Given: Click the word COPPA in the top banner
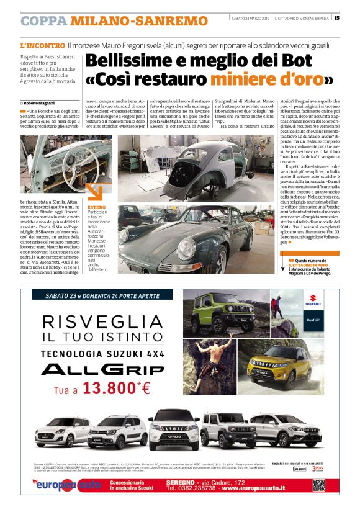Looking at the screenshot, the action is click(x=43, y=21).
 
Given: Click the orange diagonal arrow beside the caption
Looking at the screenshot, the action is click(x=94, y=190).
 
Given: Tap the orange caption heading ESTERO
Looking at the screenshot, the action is click(x=97, y=206).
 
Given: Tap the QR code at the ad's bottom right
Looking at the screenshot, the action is click(x=318, y=485).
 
